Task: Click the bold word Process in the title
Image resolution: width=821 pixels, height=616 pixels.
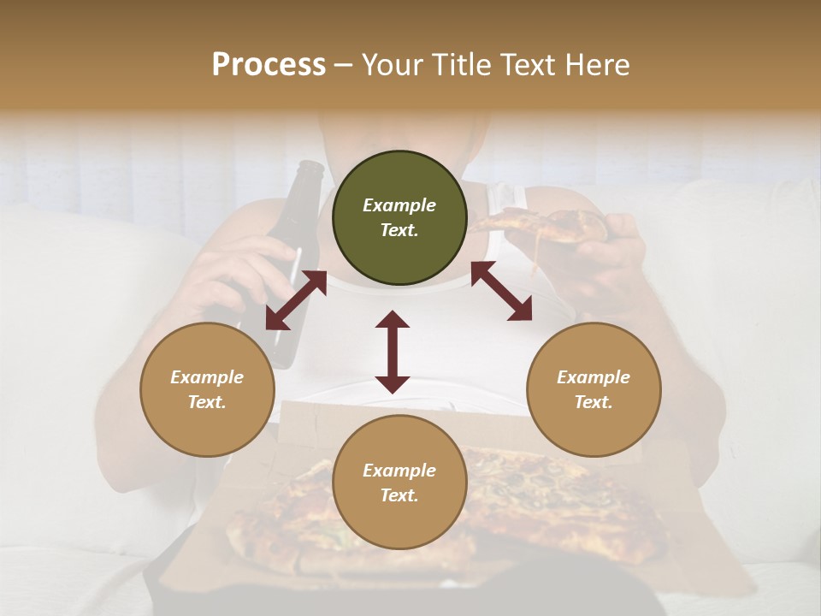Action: (269, 65)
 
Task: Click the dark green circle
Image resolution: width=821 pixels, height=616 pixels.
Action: (399, 218)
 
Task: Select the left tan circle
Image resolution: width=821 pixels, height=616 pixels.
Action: (207, 389)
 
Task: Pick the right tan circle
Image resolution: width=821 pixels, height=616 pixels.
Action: (594, 389)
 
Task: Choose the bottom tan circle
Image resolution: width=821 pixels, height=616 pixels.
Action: (399, 483)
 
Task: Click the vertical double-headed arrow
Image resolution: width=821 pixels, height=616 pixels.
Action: (393, 352)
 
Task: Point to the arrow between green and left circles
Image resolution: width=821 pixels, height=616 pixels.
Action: (296, 300)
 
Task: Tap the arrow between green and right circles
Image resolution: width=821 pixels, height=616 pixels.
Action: (501, 291)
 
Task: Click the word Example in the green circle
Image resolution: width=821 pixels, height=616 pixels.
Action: (399, 205)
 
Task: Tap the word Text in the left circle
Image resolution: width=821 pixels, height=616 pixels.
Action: (206, 402)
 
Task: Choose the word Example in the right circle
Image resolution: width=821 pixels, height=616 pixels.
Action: (594, 377)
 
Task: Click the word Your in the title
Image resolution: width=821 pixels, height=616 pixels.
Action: (392, 65)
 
